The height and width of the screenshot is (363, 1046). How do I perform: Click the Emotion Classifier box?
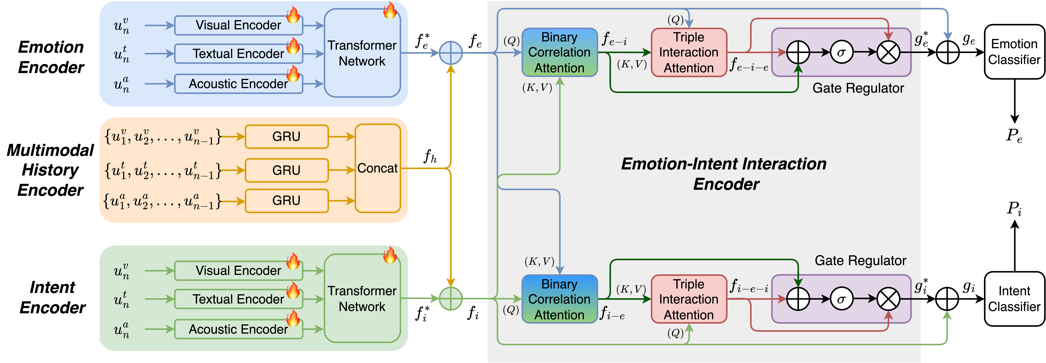1014,52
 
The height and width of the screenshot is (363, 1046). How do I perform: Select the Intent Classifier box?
1014,299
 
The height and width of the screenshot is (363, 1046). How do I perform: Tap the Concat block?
378,168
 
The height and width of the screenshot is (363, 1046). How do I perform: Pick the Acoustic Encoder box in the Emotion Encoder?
238,84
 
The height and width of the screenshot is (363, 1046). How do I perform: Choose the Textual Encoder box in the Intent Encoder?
238,299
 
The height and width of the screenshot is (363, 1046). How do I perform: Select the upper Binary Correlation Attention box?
560,52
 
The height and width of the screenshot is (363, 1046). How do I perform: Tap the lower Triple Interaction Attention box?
689,299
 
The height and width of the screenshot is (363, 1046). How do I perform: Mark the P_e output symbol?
1014,135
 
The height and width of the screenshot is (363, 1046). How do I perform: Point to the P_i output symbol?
1014,208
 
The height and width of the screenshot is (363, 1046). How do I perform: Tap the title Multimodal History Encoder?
50,170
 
